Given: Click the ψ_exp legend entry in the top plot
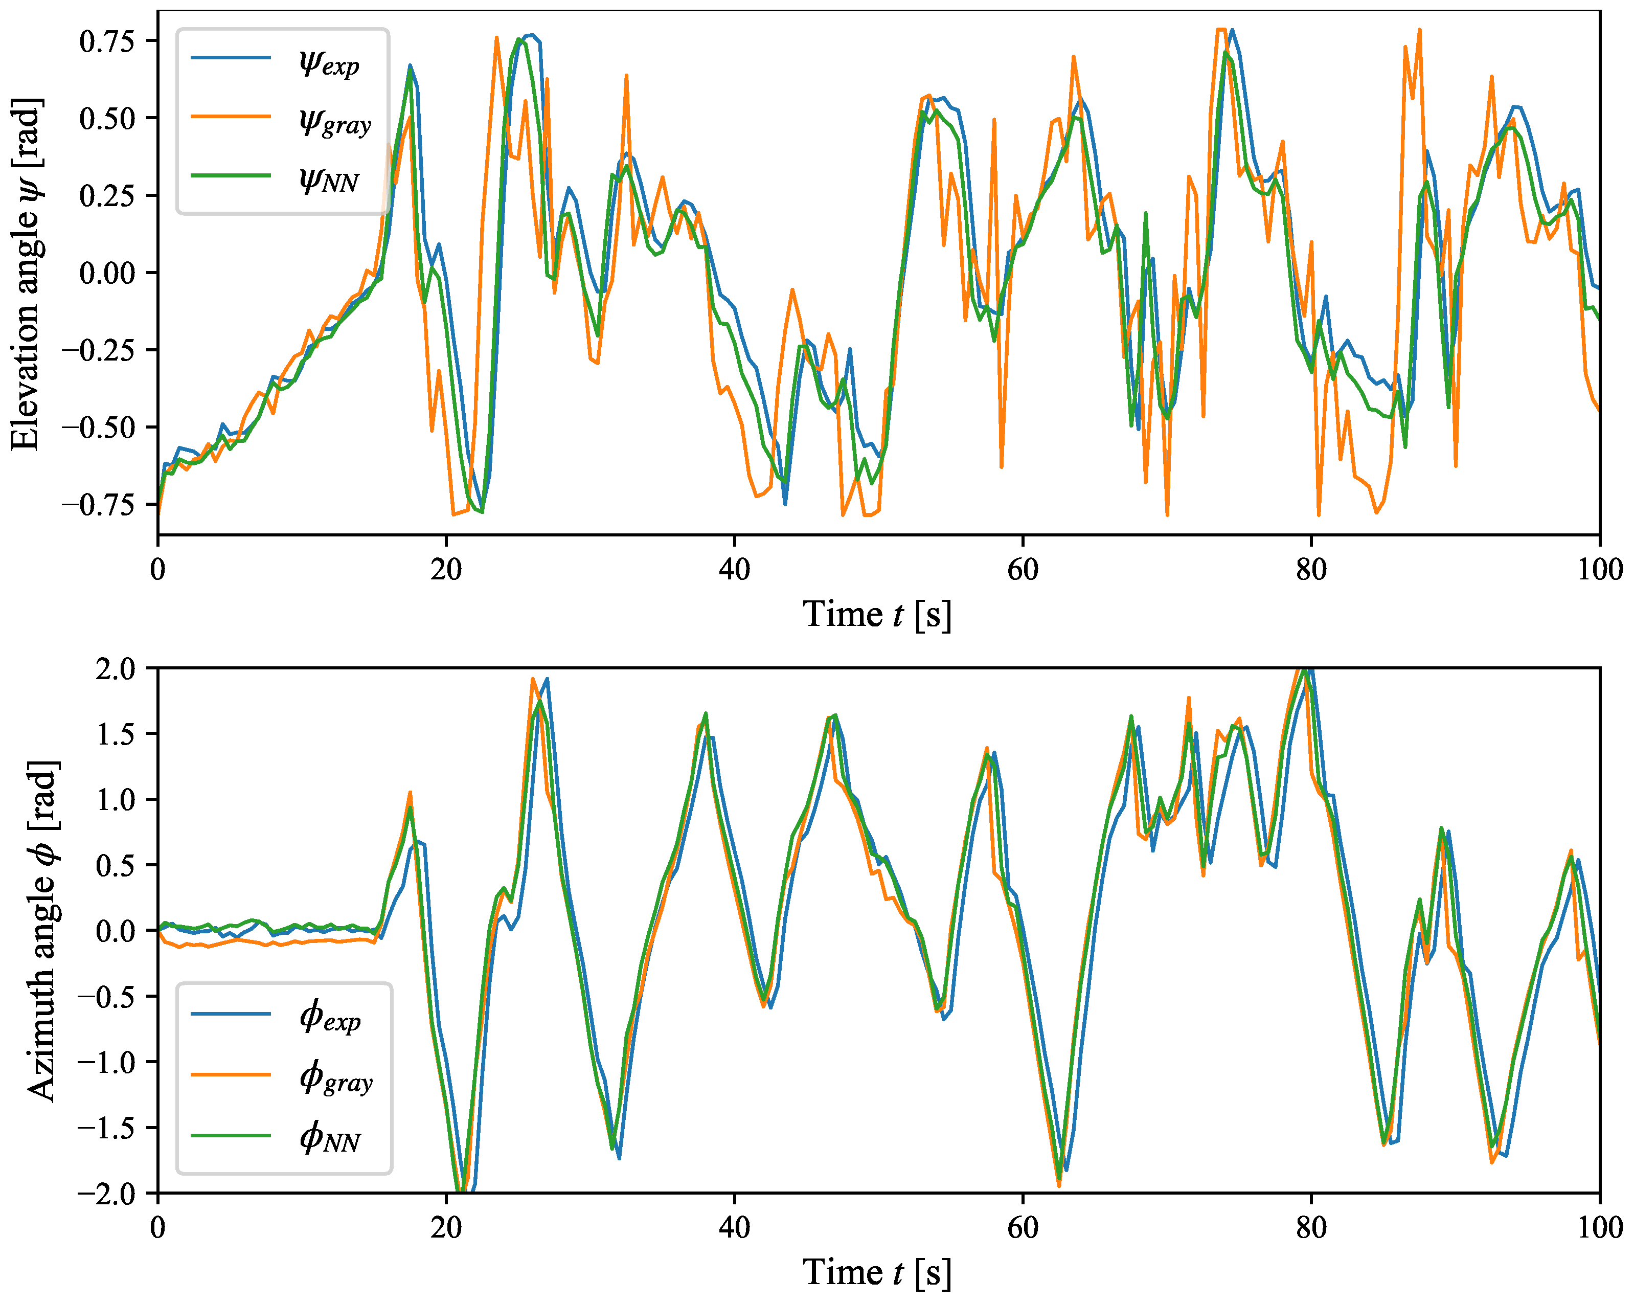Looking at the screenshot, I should [328, 62].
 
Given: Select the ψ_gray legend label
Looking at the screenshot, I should [334, 121].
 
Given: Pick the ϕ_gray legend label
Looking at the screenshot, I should [336, 1076].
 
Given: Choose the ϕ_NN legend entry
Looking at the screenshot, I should [330, 1137].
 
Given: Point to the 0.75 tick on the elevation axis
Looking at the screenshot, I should [107, 40].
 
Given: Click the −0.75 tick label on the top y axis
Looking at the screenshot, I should [99, 505].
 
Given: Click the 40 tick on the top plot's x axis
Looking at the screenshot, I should [734, 569].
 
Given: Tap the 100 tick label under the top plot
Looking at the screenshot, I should [1599, 569].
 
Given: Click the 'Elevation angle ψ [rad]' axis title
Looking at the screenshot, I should [27, 273].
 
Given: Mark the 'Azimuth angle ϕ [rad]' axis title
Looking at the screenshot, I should [42, 931].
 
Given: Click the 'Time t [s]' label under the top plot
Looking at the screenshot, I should [877, 614].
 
